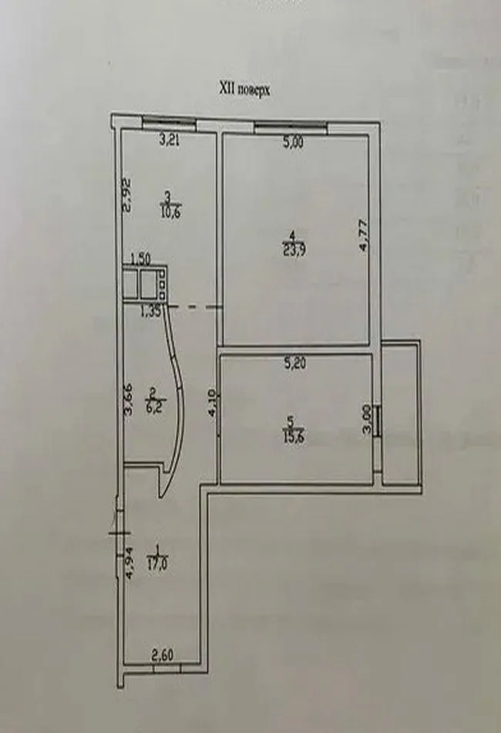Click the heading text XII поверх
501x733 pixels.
(244, 90)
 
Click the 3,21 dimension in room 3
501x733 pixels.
(171, 140)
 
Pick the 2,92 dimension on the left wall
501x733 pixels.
(129, 195)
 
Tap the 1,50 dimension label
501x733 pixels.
(140, 258)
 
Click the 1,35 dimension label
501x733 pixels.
(150, 312)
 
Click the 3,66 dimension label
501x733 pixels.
(129, 400)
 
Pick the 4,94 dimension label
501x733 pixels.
(129, 562)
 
